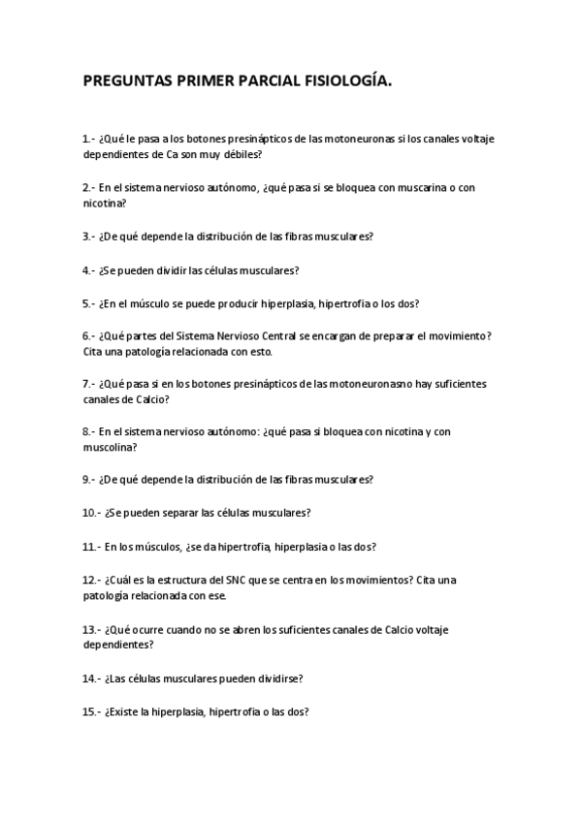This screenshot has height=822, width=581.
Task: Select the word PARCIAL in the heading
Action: pos(263,83)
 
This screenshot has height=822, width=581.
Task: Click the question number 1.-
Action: pos(89,139)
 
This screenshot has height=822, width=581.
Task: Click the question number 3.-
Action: pos(89,237)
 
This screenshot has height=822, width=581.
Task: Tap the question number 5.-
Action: pos(89,302)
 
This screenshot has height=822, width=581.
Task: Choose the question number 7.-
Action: pos(89,384)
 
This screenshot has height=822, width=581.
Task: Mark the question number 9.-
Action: pos(89,479)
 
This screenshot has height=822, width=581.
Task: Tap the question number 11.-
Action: pos(92,546)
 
